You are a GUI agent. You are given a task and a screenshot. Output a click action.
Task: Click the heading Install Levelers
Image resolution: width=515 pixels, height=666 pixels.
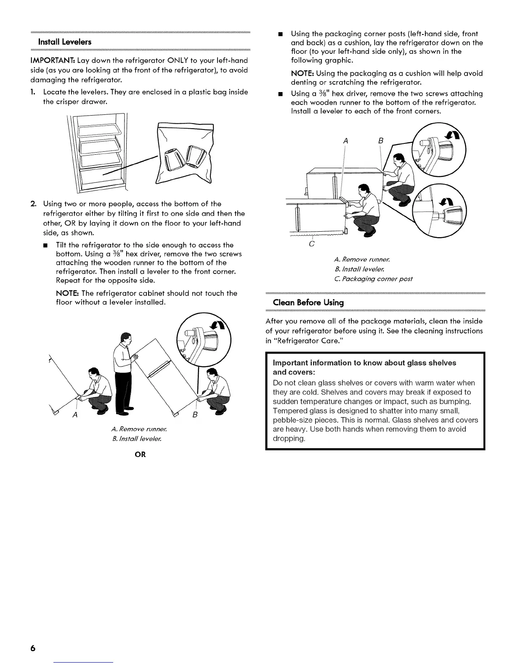tap(64, 42)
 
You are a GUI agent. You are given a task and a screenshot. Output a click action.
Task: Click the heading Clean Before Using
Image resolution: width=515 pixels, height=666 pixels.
tap(308, 302)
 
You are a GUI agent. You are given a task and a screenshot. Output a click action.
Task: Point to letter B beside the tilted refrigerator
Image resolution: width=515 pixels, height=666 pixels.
tap(195, 415)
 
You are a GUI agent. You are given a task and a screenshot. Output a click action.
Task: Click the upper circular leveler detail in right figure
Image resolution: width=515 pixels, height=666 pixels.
tap(438, 150)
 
